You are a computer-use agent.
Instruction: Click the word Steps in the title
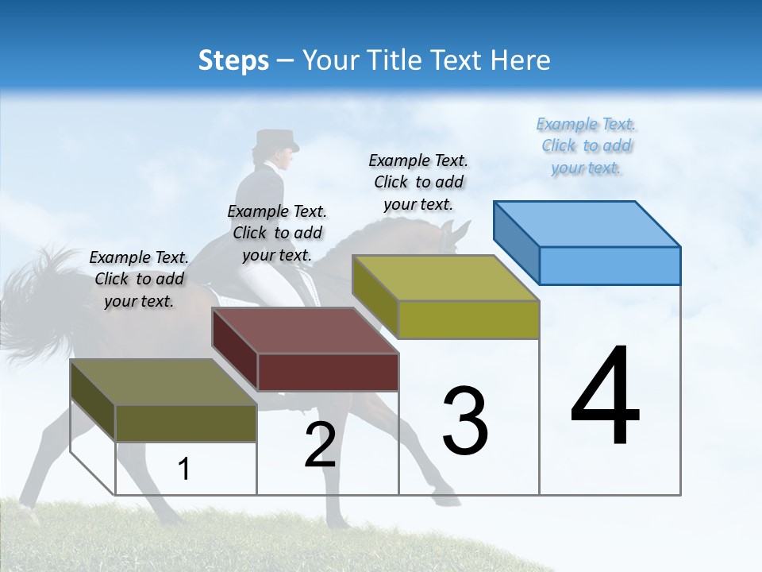(233, 60)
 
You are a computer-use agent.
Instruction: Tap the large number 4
(605, 397)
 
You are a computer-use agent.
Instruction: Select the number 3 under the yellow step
(465, 421)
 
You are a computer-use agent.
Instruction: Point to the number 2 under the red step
(320, 445)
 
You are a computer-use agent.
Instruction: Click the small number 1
(183, 470)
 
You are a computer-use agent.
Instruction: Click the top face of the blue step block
(587, 223)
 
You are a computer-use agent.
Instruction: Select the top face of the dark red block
(305, 330)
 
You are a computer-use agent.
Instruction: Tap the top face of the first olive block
(164, 382)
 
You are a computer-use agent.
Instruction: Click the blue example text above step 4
(586, 146)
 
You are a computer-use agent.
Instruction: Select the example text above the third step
(418, 183)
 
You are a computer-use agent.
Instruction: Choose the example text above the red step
(276, 234)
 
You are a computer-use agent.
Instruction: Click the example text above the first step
(139, 280)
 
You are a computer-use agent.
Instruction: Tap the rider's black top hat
(275, 140)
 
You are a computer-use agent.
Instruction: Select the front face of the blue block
(610, 265)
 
